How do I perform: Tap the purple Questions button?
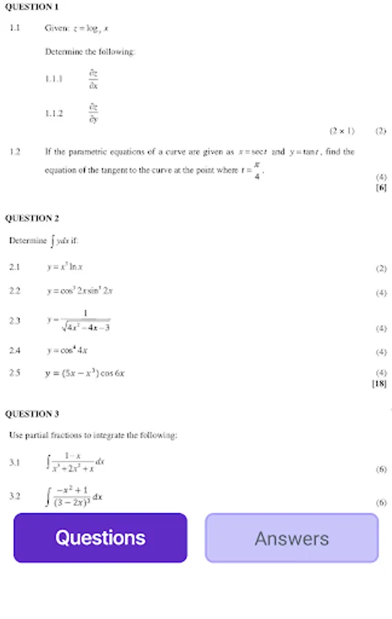[x=100, y=538]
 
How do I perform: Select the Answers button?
[x=292, y=538]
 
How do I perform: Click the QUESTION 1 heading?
[x=32, y=7]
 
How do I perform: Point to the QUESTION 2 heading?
[x=32, y=219]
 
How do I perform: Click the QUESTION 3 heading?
[x=32, y=414]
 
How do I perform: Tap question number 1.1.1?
[x=54, y=79]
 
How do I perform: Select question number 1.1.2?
[x=54, y=113]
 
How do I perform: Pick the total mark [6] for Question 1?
[x=381, y=187]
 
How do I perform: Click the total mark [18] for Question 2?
[x=379, y=384]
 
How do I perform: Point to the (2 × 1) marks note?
[x=342, y=131]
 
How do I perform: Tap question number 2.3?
[x=15, y=321]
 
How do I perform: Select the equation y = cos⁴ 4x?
[x=67, y=351]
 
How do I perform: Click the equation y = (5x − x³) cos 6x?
[x=85, y=373]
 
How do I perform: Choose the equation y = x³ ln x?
[x=65, y=267]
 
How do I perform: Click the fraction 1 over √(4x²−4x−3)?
[x=85, y=321]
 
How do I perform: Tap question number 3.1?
[x=15, y=463]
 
